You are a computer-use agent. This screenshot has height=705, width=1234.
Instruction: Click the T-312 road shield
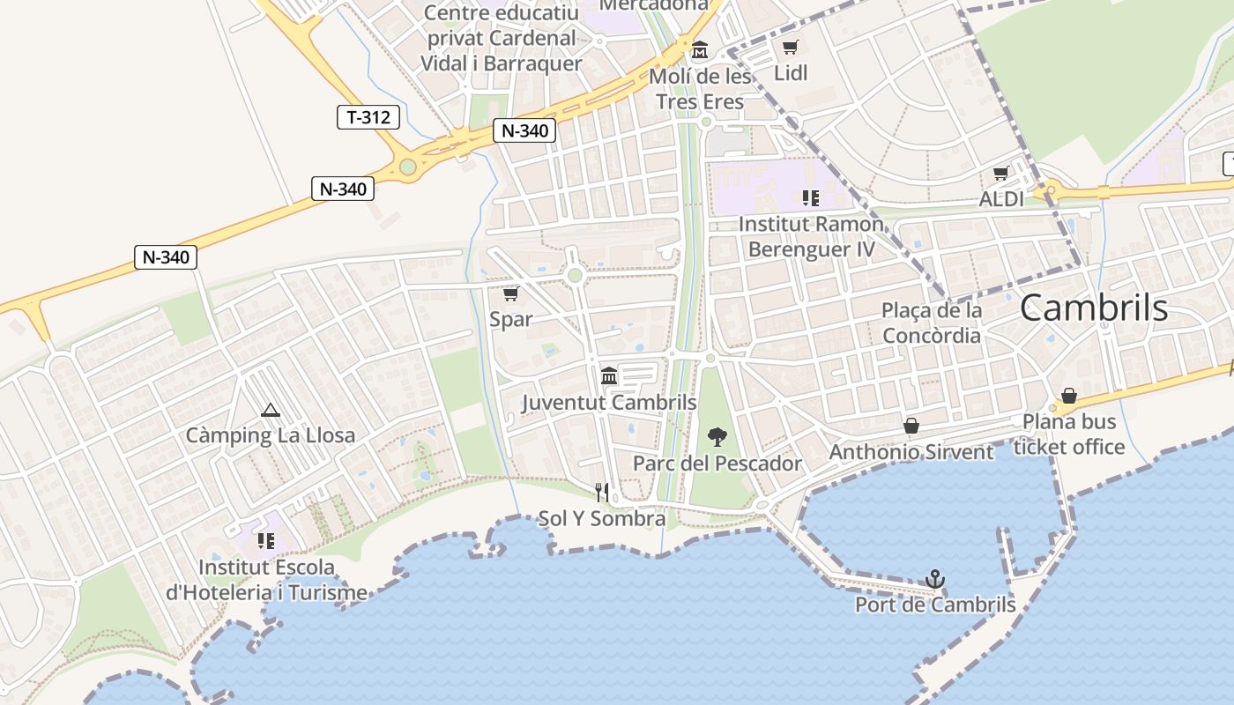pyautogui.click(x=368, y=116)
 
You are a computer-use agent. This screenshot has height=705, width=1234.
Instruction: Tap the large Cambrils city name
pyautogui.click(x=1094, y=308)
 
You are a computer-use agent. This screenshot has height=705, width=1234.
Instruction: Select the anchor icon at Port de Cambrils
pyautogui.click(x=935, y=579)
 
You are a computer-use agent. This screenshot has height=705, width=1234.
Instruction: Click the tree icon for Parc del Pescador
pyautogui.click(x=717, y=436)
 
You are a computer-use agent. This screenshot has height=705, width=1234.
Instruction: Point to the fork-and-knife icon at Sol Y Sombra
pyautogui.click(x=602, y=492)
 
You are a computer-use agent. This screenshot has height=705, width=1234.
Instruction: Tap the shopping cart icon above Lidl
pyautogui.click(x=790, y=47)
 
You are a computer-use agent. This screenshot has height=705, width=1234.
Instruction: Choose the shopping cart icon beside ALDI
pyautogui.click(x=1000, y=174)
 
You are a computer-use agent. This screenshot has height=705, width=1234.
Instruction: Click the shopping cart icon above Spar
pyautogui.click(x=510, y=293)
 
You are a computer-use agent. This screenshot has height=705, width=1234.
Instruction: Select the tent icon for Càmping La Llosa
pyautogui.click(x=270, y=410)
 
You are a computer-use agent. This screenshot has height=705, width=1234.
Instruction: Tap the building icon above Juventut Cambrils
pyautogui.click(x=608, y=376)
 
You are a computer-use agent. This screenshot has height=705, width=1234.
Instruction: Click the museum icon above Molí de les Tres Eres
pyautogui.click(x=700, y=49)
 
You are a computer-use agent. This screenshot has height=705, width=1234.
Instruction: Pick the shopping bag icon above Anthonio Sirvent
pyautogui.click(x=911, y=427)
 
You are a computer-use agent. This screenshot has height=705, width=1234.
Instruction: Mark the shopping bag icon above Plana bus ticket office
pyautogui.click(x=1068, y=396)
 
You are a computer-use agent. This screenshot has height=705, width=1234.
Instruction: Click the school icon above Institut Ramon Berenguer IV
pyautogui.click(x=810, y=198)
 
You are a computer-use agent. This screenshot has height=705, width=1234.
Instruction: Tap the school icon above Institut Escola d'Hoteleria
pyautogui.click(x=265, y=540)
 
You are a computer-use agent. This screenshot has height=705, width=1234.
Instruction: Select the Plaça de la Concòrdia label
pyautogui.click(x=932, y=323)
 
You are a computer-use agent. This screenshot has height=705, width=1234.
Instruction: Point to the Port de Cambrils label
pyautogui.click(x=935, y=605)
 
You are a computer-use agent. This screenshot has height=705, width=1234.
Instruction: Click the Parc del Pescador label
pyautogui.click(x=717, y=464)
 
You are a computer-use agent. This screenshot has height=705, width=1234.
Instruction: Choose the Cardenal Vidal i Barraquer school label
pyautogui.click(x=502, y=39)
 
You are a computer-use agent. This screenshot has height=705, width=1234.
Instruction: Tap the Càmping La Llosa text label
pyautogui.click(x=271, y=435)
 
